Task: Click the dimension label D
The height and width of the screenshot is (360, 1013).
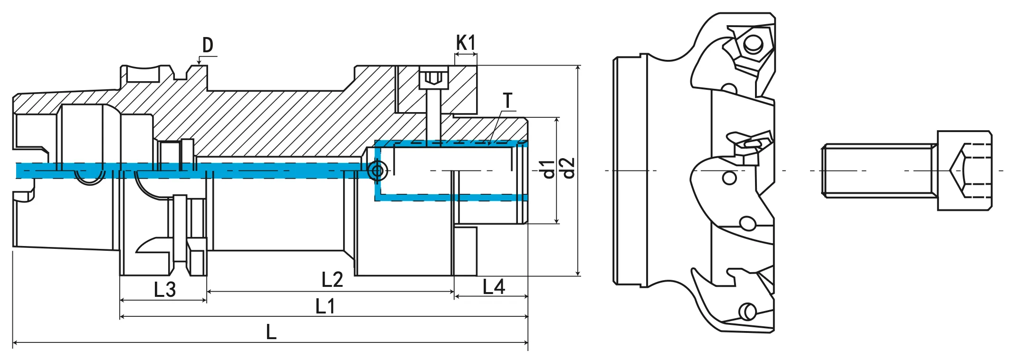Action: click(x=208, y=45)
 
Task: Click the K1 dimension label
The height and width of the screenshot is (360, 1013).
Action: click(x=465, y=43)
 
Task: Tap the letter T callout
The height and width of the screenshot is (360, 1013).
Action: click(x=508, y=101)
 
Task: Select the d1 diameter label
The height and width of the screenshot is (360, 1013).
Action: click(x=548, y=169)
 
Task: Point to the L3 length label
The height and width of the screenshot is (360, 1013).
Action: click(x=164, y=289)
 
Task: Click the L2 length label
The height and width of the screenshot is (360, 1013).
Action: click(x=332, y=280)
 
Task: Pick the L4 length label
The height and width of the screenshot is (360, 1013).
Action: click(x=493, y=287)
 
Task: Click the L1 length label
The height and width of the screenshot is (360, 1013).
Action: click(x=325, y=306)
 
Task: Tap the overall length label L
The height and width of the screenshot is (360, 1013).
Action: click(x=271, y=332)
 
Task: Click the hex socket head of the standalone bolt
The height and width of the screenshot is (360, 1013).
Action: click(x=965, y=171)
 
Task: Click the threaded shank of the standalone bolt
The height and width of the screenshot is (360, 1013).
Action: click(x=879, y=171)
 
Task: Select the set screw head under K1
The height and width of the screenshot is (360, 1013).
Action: click(x=434, y=78)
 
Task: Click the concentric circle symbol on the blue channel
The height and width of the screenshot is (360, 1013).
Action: click(x=378, y=170)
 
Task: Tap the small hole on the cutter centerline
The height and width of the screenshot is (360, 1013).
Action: click(x=729, y=178)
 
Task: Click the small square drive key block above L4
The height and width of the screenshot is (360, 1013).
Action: click(x=465, y=251)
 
